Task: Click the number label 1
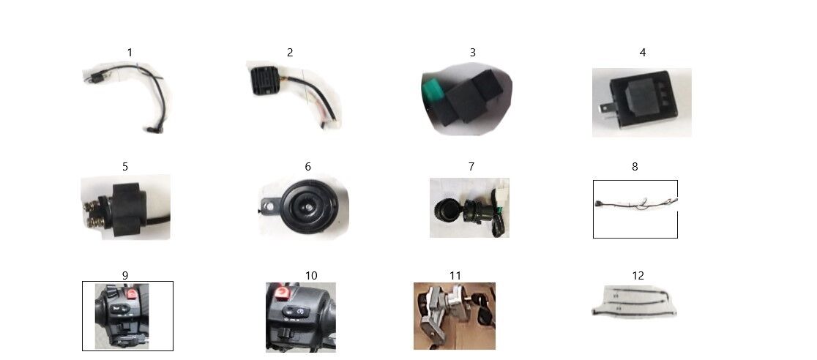coord(130,52)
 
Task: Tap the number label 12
coord(638,276)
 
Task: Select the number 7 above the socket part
coord(471,166)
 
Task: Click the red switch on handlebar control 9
coord(131,293)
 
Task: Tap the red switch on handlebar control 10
coord(281,294)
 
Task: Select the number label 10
coord(311,276)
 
